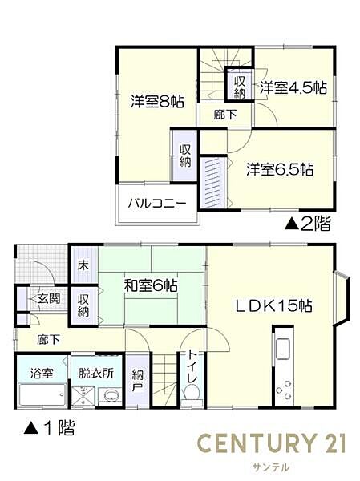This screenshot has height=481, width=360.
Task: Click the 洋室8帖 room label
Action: tap(158, 102)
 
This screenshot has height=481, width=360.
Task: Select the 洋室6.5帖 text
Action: tap(279, 169)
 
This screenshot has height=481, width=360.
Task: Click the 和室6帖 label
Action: tap(150, 285)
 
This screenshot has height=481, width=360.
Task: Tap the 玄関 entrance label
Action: tap(48, 298)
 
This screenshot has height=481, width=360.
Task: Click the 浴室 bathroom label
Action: tap(42, 373)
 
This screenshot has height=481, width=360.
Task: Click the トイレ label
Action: tap(193, 367)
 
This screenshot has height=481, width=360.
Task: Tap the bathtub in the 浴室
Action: tap(40, 395)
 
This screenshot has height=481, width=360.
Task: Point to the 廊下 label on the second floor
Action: tap(224, 115)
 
